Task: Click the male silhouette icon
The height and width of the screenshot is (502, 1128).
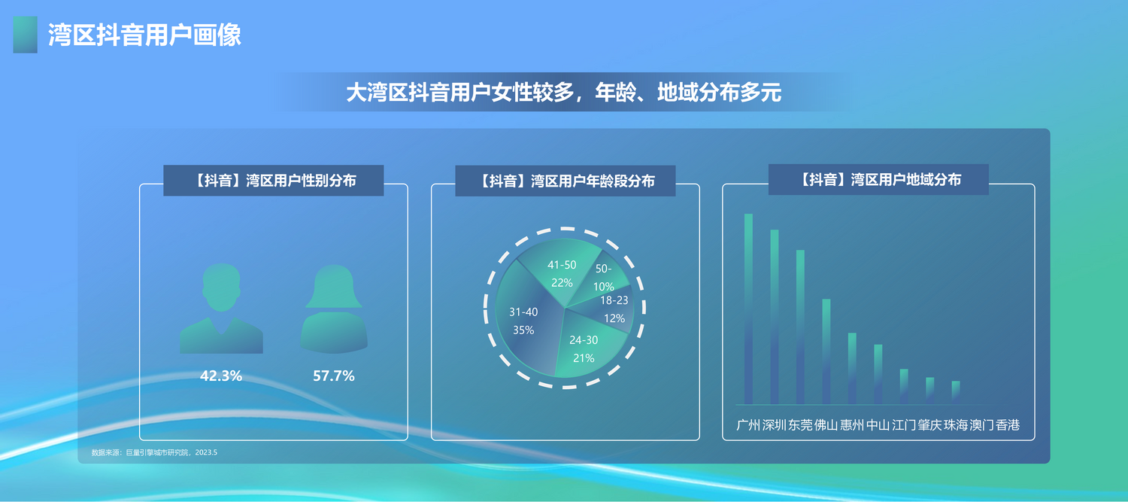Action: click(221, 309)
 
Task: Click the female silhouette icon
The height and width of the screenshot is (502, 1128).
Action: click(334, 309)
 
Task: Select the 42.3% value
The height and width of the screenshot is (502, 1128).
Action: click(221, 376)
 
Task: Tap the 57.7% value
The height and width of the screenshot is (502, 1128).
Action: click(334, 376)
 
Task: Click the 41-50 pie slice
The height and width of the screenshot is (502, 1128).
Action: click(559, 272)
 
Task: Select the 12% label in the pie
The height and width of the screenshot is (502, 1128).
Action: click(614, 318)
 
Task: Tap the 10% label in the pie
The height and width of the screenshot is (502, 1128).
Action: click(603, 287)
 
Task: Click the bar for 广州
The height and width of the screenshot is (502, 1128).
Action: click(748, 309)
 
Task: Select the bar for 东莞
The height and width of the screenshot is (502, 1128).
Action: click(800, 327)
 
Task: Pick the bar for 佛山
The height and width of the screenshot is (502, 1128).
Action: click(826, 351)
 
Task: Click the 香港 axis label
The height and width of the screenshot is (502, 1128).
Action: click(1008, 425)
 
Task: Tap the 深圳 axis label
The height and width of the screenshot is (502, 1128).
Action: click(775, 425)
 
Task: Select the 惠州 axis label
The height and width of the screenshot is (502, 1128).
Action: click(852, 425)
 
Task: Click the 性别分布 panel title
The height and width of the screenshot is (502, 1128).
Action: click(274, 181)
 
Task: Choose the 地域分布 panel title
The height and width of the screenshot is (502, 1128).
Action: click(879, 179)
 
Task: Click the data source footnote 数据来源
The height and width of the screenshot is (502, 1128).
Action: click(154, 452)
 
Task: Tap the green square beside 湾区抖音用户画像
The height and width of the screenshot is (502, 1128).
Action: click(25, 35)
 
